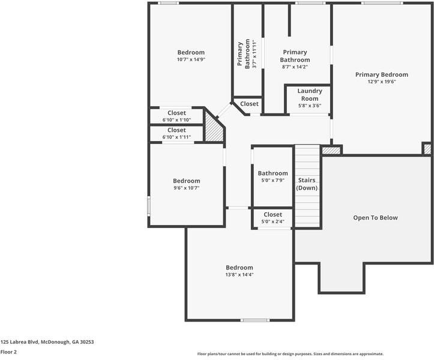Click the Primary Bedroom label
(381, 74)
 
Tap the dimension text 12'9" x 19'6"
(381, 82)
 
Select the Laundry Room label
(310, 95)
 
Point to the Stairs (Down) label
(307, 184)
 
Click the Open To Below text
(375, 218)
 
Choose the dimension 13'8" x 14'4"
(239, 275)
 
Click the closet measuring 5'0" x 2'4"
(273, 218)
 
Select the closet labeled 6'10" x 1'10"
(176, 116)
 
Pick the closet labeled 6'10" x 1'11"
(176, 133)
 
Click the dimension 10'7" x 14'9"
(190, 59)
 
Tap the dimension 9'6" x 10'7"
(186, 188)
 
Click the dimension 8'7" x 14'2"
(295, 67)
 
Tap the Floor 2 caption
(8, 352)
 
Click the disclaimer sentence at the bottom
(290, 354)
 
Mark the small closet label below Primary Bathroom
(249, 104)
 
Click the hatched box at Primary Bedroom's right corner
(427, 148)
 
